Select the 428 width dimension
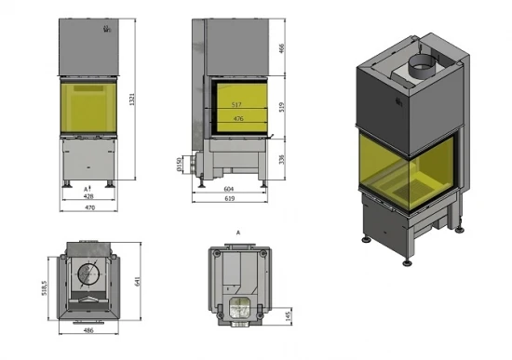89,197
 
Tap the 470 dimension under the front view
89,208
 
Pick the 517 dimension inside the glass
238,105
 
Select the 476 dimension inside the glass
238,119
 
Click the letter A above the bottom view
238,229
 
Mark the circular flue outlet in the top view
89,275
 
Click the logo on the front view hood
91,30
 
